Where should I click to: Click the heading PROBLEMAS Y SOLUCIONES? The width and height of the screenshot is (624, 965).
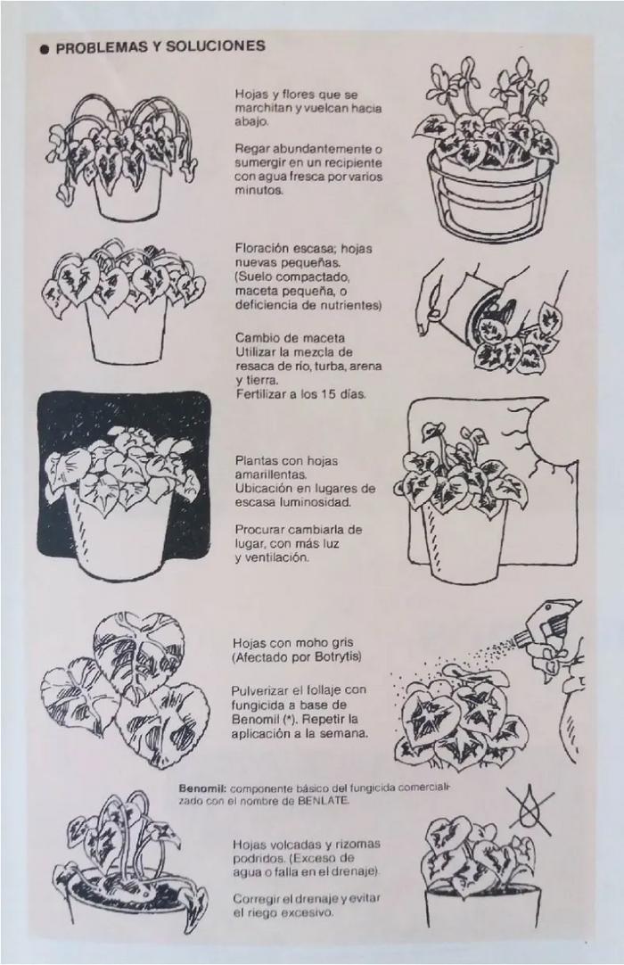[x=160, y=47]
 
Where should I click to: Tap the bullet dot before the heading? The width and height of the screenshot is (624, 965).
[x=43, y=49]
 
